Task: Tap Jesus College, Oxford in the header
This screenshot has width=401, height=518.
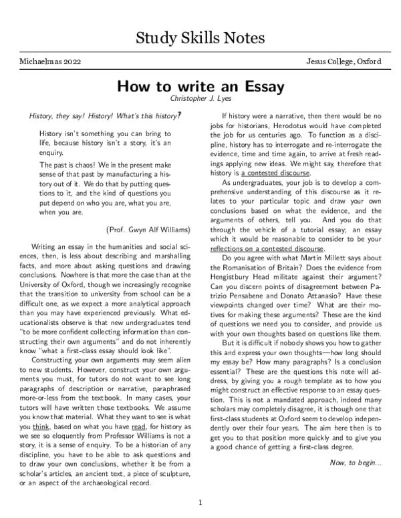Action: point(344,61)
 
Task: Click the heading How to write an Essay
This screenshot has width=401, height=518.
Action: point(200,87)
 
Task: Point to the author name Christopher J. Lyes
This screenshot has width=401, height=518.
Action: point(200,99)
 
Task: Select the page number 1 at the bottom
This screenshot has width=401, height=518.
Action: point(200,503)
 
